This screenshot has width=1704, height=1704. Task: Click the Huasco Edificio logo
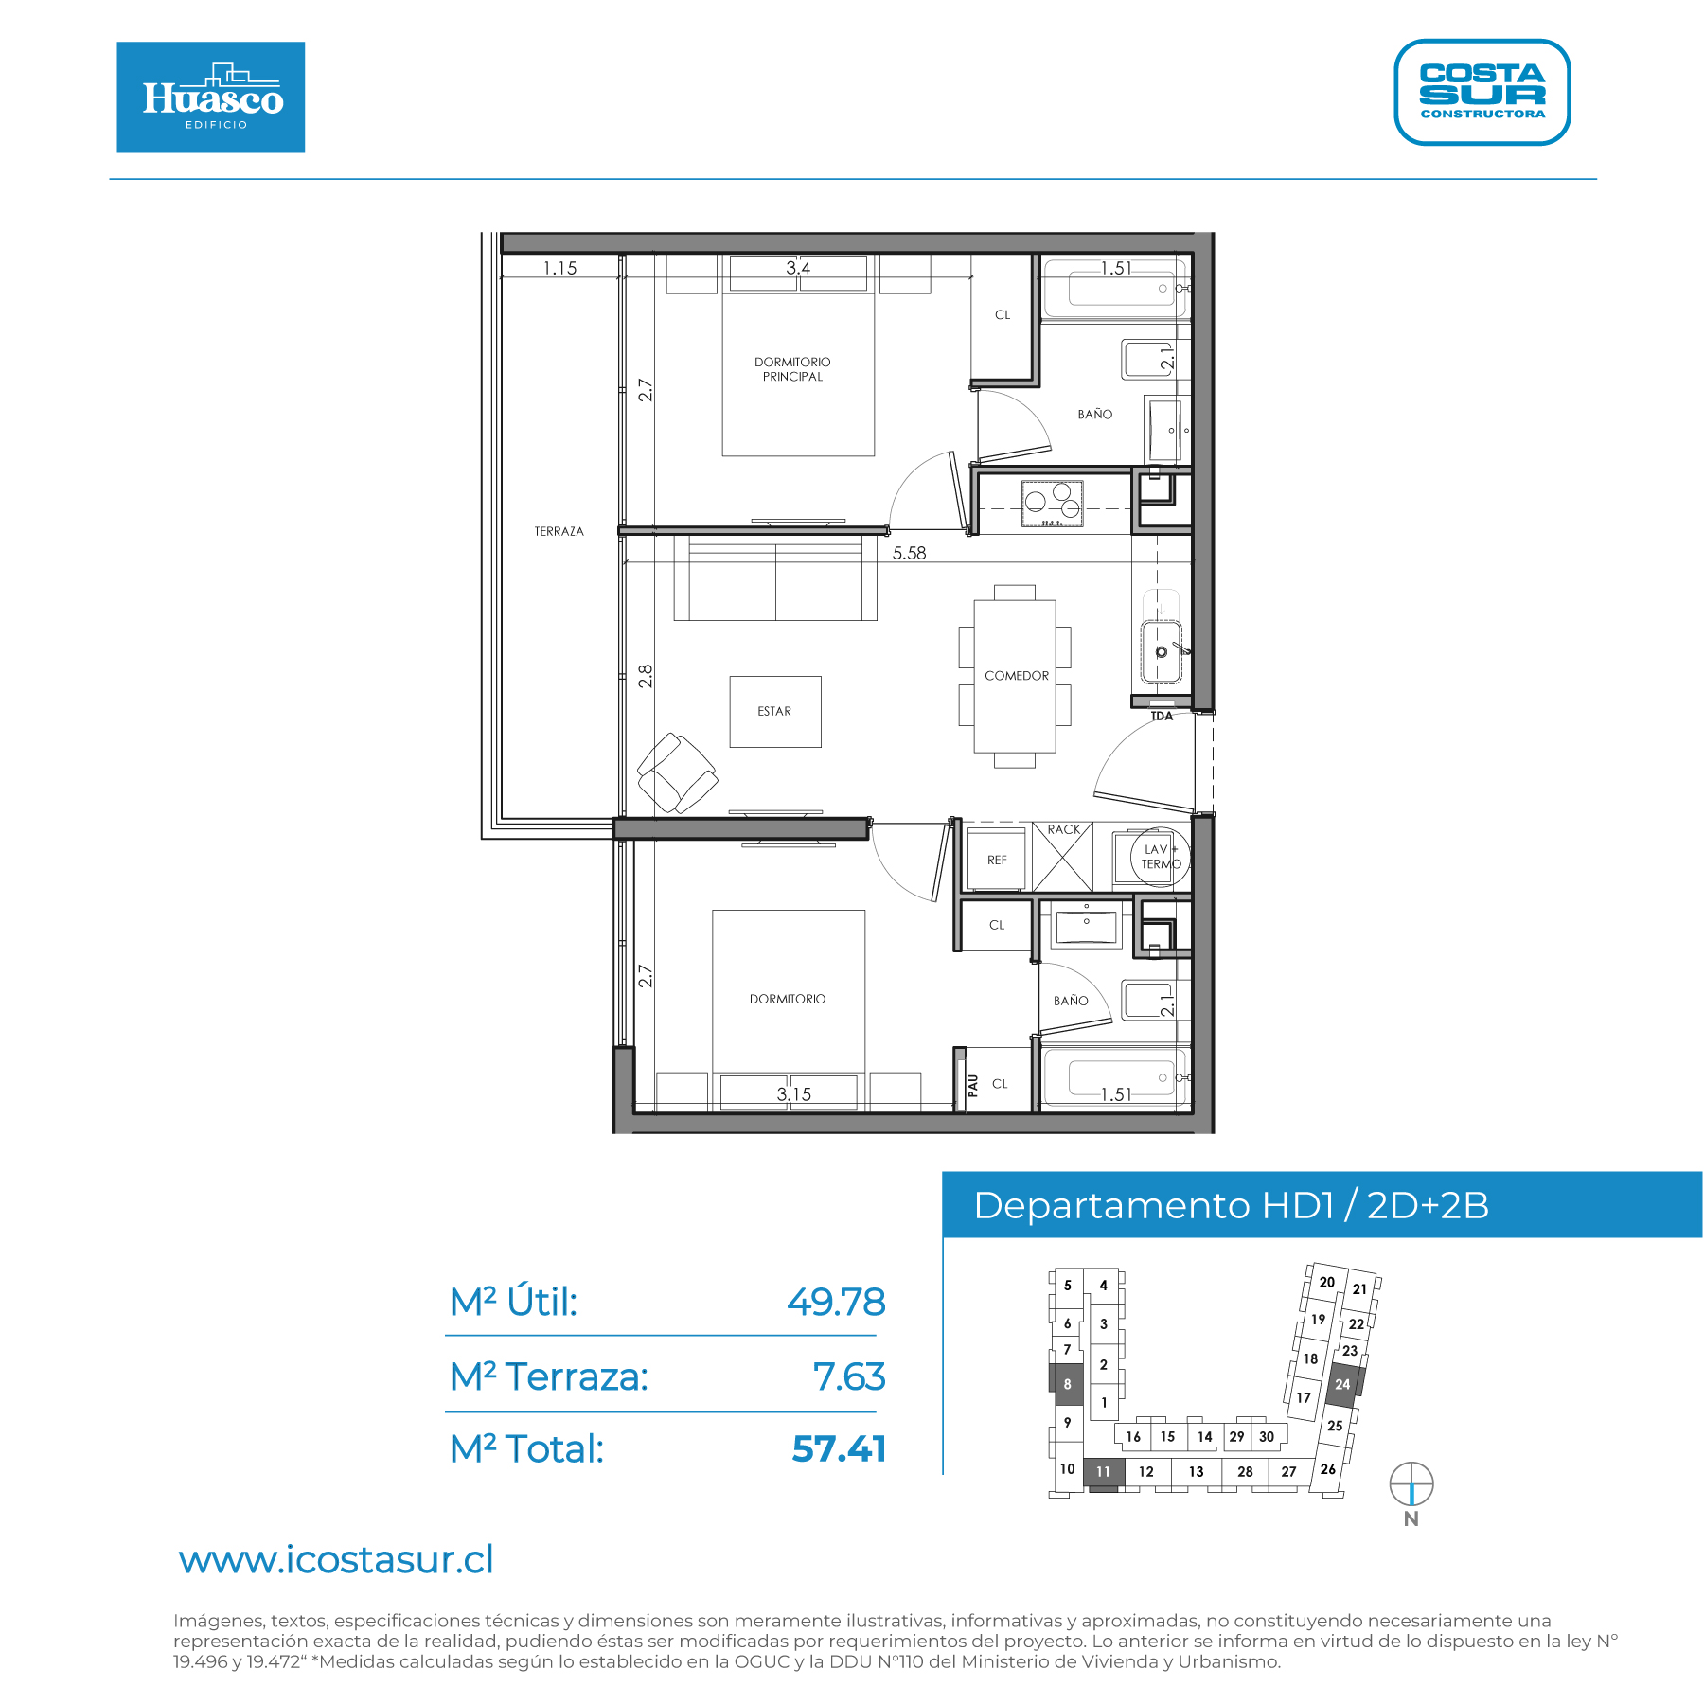(210, 97)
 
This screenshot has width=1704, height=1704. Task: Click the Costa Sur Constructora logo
(1482, 92)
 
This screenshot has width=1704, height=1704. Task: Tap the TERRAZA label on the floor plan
(559, 531)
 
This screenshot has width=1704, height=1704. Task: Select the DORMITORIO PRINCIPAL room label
(792, 369)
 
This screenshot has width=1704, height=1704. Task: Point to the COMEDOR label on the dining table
(1017, 676)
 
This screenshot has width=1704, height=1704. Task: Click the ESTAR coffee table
(775, 712)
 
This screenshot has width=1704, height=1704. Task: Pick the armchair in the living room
(677, 772)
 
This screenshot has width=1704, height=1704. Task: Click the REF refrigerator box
(996, 860)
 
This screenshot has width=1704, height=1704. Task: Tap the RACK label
(1063, 829)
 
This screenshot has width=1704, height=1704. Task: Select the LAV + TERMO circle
(1159, 857)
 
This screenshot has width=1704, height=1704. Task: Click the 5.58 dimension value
(909, 553)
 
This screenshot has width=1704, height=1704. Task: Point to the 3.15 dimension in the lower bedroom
(794, 1094)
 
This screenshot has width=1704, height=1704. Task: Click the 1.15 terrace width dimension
(559, 268)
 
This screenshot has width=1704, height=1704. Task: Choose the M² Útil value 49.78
(836, 1302)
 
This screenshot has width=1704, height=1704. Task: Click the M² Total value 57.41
(839, 1448)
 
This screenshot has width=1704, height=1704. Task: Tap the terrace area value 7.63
(849, 1376)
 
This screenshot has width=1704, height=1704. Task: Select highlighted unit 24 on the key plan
(1343, 1385)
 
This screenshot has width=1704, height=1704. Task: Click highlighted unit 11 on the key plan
(1104, 1472)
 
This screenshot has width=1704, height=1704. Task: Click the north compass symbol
(1411, 1483)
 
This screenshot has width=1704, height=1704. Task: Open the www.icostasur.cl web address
(336, 1560)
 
